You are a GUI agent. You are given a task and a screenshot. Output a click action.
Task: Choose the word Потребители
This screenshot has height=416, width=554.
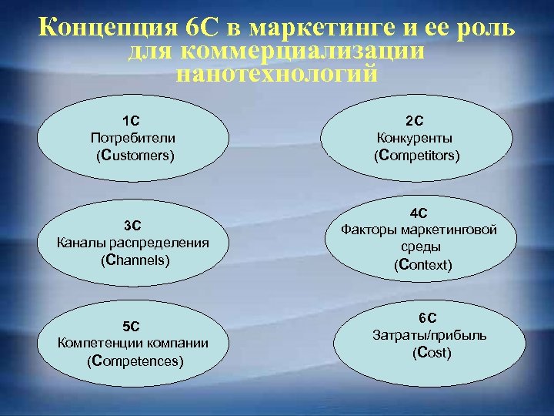coord(132,138)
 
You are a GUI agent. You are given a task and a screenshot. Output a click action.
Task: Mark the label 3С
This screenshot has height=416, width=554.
coord(133,225)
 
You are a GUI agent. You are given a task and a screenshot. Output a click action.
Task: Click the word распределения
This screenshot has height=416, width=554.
coord(170,243)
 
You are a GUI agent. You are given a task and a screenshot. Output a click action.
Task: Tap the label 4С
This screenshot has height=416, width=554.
coord(419,212)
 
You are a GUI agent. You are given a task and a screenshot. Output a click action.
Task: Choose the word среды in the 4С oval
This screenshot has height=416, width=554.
coord(419,247)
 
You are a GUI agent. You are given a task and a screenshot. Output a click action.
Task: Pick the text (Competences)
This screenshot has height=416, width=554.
coord(135,360)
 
